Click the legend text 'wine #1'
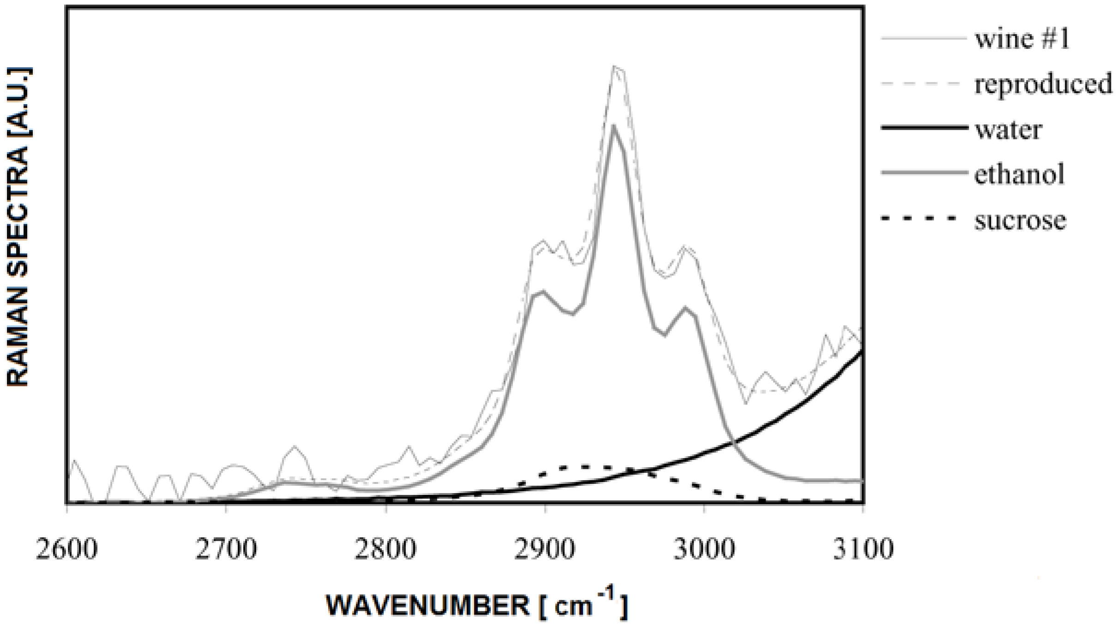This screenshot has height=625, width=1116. coord(1022,38)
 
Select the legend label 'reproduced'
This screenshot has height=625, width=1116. coord(1043,84)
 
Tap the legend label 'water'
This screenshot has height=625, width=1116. coord(1008,130)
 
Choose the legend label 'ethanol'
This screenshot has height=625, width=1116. coord(1019,174)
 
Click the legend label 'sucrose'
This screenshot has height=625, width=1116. coord(1020,220)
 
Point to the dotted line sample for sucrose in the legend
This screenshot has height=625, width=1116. coord(919,218)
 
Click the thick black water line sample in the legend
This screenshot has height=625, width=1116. coord(923,127)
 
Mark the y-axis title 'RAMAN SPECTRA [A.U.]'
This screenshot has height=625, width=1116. coord(18,226)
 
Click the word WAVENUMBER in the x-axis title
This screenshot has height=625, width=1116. coord(428,605)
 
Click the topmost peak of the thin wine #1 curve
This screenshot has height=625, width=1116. coord(614,67)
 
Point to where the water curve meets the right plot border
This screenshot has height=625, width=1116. coord(862,352)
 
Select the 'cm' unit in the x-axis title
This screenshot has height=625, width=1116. coord(573,606)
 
